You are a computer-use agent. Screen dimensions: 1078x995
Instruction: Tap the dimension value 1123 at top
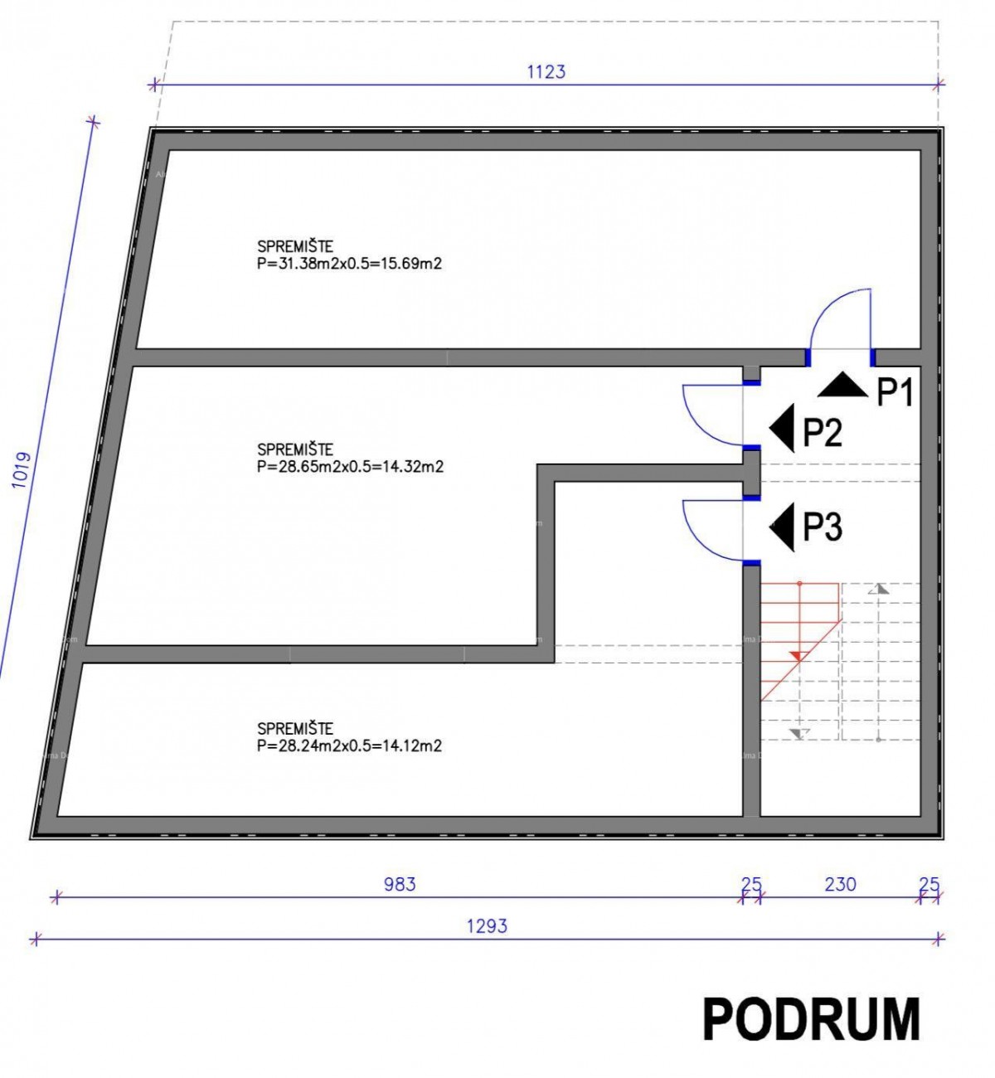546,71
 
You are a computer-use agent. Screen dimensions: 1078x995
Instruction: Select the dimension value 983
399,884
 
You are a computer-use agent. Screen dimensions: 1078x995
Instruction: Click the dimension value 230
840,884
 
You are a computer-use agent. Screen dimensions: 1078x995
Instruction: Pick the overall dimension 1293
487,925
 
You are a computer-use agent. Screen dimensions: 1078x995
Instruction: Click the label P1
895,392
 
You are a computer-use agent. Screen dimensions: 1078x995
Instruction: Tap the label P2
822,432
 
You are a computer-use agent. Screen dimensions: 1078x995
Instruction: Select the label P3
822,527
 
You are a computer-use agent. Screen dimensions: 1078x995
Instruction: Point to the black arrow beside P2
782,429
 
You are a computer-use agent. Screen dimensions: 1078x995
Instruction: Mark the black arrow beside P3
782,527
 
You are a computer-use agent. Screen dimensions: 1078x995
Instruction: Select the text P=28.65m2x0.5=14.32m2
350,467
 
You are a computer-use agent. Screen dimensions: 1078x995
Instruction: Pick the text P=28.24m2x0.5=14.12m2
349,745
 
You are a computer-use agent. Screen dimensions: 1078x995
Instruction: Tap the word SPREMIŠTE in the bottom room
295,729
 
